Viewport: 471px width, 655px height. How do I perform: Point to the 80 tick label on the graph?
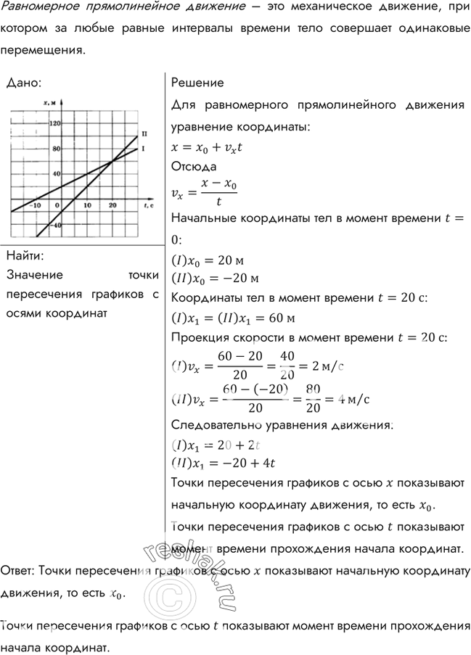tap(57, 148)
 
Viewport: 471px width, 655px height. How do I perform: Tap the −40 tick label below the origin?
tap(57, 225)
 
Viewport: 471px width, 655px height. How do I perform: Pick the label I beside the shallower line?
tap(144, 149)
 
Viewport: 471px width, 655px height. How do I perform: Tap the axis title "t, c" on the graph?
tap(147, 206)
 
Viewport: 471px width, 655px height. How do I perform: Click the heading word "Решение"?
tap(197, 83)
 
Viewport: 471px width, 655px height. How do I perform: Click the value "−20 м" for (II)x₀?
tap(239, 278)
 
